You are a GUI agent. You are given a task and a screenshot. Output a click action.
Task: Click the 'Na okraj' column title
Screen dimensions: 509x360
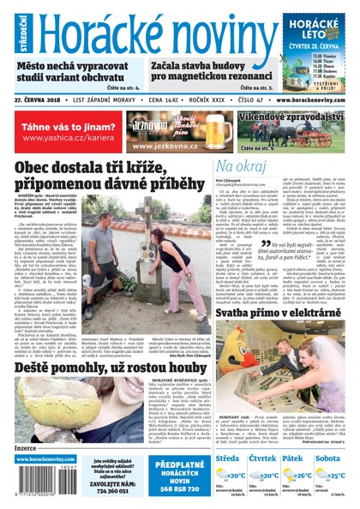coord(240,165)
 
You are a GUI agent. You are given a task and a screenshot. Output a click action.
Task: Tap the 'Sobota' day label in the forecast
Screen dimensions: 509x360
coord(328,458)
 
